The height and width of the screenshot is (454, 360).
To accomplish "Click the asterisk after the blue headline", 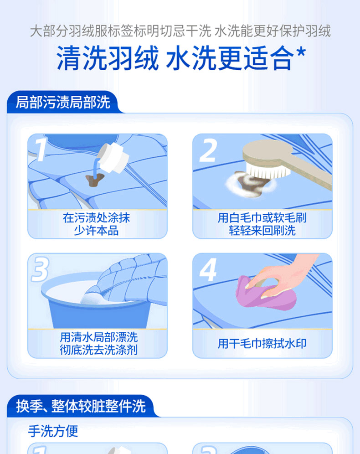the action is pyautogui.click(x=301, y=53).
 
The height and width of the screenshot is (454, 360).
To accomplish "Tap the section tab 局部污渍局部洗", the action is pyautogui.click(x=63, y=102).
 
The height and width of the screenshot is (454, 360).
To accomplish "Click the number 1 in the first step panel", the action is pyautogui.click(x=41, y=150).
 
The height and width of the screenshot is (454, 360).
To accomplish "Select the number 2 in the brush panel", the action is pyautogui.click(x=208, y=150).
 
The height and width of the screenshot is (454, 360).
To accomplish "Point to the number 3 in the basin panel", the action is pyautogui.click(x=40, y=269).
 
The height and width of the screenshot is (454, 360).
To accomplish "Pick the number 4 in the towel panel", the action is pyautogui.click(x=208, y=270).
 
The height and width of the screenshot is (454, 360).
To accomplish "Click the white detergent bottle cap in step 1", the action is pyautogui.click(x=114, y=158).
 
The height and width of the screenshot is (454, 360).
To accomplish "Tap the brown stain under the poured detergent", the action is pyautogui.click(x=94, y=180).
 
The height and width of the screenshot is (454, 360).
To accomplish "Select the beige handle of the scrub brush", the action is pyautogui.click(x=313, y=171).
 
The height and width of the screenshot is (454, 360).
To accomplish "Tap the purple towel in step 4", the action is pyautogui.click(x=265, y=293).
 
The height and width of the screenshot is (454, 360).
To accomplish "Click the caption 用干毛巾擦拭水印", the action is pyautogui.click(x=262, y=344).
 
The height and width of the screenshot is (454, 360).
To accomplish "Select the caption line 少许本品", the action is pyautogui.click(x=97, y=231).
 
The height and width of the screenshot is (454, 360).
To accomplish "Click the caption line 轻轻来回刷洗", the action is pyautogui.click(x=262, y=231).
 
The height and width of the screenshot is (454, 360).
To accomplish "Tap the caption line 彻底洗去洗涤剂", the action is pyautogui.click(x=99, y=350).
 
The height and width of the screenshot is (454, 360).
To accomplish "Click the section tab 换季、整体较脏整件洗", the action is pyautogui.click(x=81, y=406).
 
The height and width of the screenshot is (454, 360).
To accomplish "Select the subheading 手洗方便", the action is pyautogui.click(x=53, y=431).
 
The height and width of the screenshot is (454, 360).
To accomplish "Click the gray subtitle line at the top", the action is pyautogui.click(x=180, y=31).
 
